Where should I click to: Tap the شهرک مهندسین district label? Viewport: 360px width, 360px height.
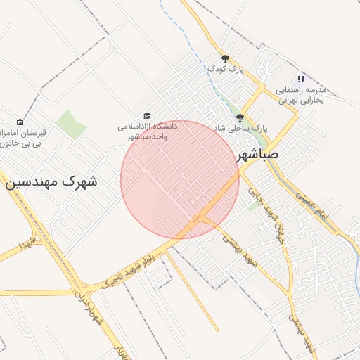52,181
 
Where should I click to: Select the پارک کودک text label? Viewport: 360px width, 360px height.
224,69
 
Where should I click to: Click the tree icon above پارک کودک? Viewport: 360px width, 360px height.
225,58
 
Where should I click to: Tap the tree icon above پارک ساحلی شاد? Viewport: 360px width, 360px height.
240,117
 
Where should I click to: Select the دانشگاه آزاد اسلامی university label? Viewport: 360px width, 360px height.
147,131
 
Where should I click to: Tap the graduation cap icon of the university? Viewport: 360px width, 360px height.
147,115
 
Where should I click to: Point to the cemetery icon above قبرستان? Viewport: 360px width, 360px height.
19,122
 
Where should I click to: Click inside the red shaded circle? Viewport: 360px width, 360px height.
180,179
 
